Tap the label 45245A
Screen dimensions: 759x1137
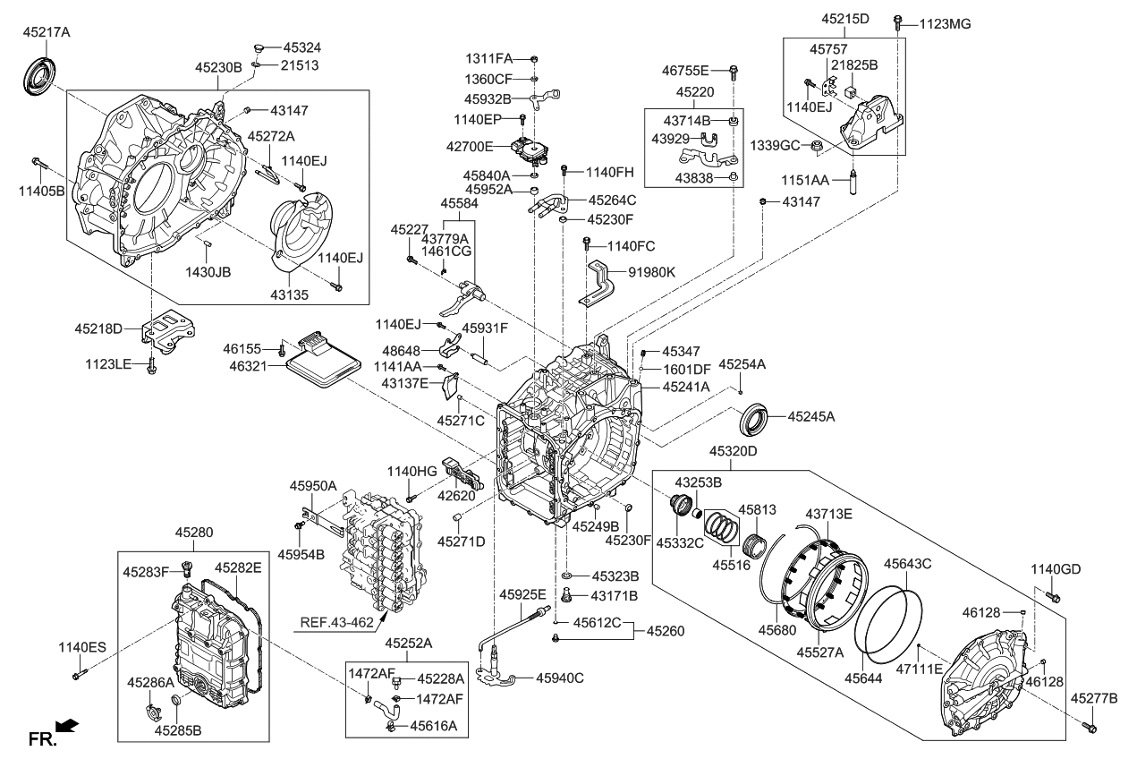tap(811, 416)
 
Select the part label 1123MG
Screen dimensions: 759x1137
tap(946, 24)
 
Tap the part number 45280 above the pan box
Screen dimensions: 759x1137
tap(194, 533)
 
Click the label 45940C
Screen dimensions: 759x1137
tap(559, 678)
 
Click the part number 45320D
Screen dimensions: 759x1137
tap(733, 451)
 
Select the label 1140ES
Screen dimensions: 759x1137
tap(82, 647)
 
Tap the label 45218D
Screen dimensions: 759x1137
tap(98, 328)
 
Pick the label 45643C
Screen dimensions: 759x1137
tap(908, 564)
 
